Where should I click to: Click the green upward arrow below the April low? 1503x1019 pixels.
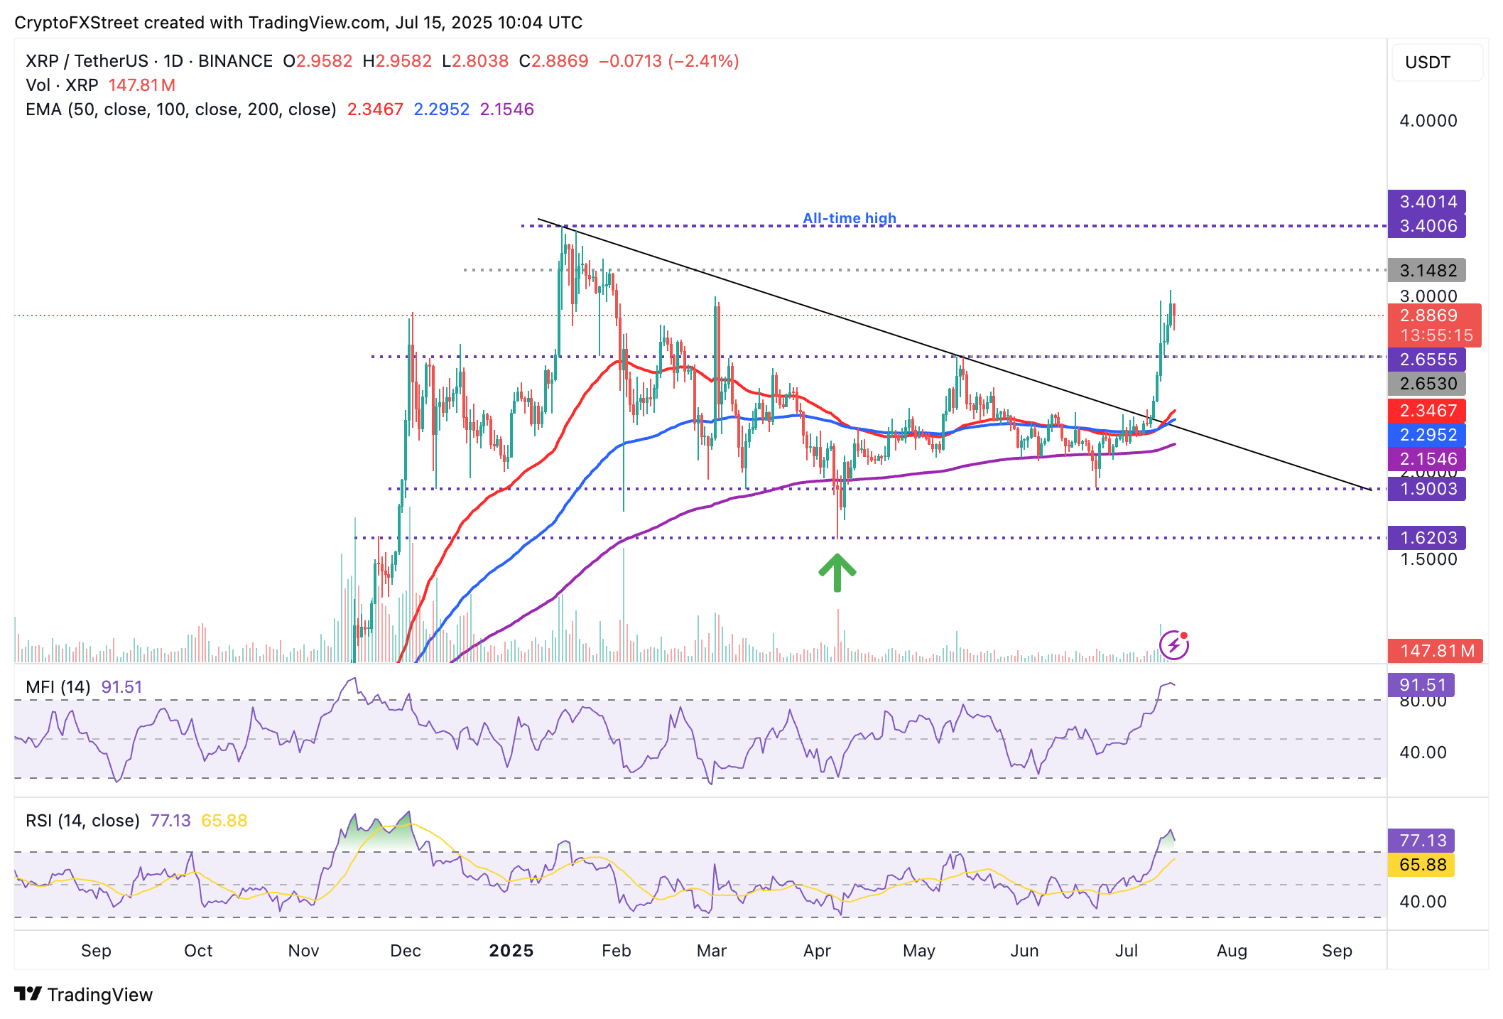[837, 573]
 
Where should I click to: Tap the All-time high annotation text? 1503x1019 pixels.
[849, 218]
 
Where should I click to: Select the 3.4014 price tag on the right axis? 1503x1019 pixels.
[1427, 202]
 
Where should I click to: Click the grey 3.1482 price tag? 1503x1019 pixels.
[1427, 271]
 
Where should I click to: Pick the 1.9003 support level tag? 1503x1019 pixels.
[1427, 489]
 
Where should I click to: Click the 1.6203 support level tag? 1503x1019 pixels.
[1427, 538]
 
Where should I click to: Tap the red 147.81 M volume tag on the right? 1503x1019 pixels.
[1436, 650]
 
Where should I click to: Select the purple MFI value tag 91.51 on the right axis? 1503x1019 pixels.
[1421, 685]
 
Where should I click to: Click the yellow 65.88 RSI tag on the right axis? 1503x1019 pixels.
[1421, 865]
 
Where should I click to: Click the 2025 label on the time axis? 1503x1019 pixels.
[511, 951]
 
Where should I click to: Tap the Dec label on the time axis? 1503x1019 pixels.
[406, 951]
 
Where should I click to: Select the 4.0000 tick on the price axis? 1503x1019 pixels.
[1428, 121]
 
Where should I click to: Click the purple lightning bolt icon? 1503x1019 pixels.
[1173, 645]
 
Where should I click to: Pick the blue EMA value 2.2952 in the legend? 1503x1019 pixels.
[441, 109]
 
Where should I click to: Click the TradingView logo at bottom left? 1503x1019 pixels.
[84, 994]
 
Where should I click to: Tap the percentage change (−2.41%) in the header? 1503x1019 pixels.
[704, 61]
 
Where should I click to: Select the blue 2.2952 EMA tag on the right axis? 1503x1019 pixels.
[1427, 435]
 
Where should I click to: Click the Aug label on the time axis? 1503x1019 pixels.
[1232, 951]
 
